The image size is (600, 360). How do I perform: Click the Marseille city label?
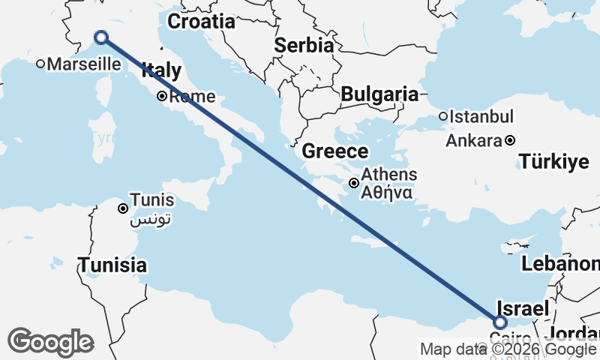[79, 64]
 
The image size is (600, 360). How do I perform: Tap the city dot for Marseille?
[40, 64]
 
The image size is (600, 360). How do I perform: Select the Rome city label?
[192, 97]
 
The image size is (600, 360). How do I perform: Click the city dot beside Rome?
[161, 96]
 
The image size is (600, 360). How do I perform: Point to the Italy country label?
[161, 71]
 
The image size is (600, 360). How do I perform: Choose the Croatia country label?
[200, 22]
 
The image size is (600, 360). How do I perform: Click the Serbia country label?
[303, 45]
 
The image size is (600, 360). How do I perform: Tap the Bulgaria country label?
[379, 94]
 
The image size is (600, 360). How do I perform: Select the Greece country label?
[334, 151]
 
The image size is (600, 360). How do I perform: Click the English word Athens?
[389, 175]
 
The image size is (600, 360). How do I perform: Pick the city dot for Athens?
[354, 182]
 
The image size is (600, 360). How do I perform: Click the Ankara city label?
[473, 140]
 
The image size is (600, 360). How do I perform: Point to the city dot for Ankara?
[510, 140]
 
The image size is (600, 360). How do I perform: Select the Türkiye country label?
[555, 160]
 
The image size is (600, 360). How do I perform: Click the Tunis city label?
[152, 200]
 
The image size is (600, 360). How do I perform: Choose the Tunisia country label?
[112, 265]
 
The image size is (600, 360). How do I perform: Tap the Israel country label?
[523, 308]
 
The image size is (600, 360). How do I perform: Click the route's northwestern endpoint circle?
[100, 37]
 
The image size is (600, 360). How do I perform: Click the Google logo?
[50, 342]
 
